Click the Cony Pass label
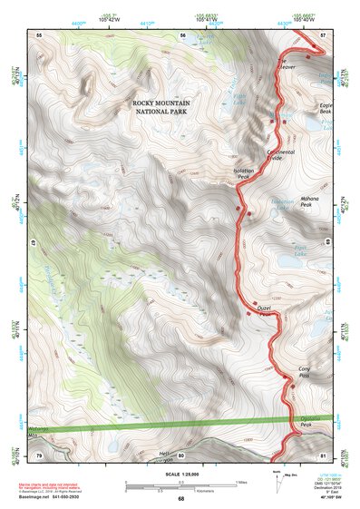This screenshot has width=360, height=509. pos(305,371)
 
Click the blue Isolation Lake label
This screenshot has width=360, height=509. pos(264,202)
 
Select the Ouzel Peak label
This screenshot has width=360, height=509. pos(266,310)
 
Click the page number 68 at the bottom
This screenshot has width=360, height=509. pos(180,499)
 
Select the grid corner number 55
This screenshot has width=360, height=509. pos(39,34)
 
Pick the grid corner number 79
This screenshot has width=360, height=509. pos(39,455)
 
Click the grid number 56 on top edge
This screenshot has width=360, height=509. pos(182,34)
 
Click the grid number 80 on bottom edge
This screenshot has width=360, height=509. pos(180,455)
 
